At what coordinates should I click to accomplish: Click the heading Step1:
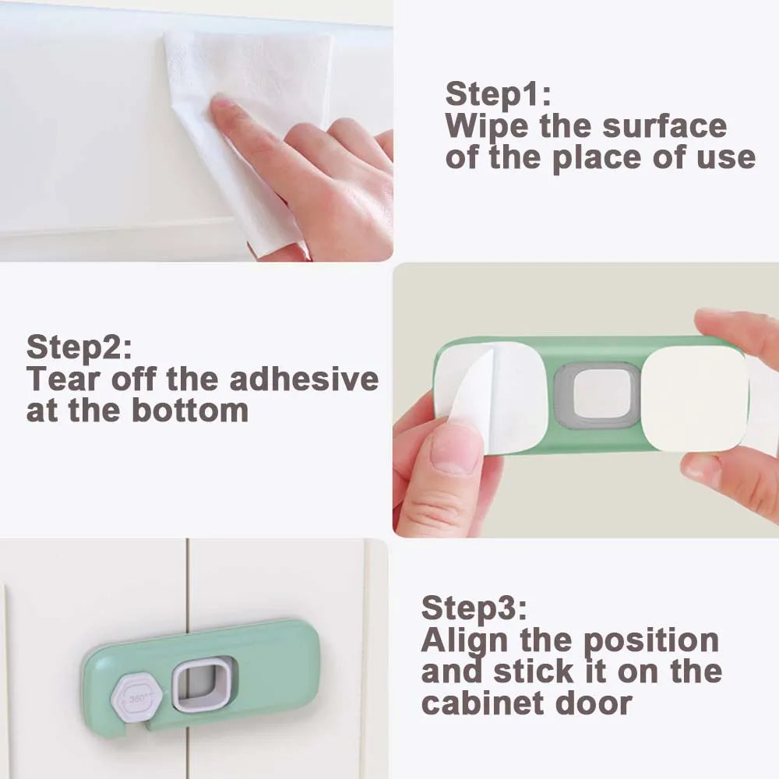tap(498, 94)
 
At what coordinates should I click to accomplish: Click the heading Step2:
tap(79, 347)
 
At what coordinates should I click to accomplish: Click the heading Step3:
tap(474, 608)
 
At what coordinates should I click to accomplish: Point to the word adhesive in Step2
tap(304, 379)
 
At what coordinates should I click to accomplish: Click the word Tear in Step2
tap(61, 379)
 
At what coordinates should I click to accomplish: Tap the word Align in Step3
tap(464, 640)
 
